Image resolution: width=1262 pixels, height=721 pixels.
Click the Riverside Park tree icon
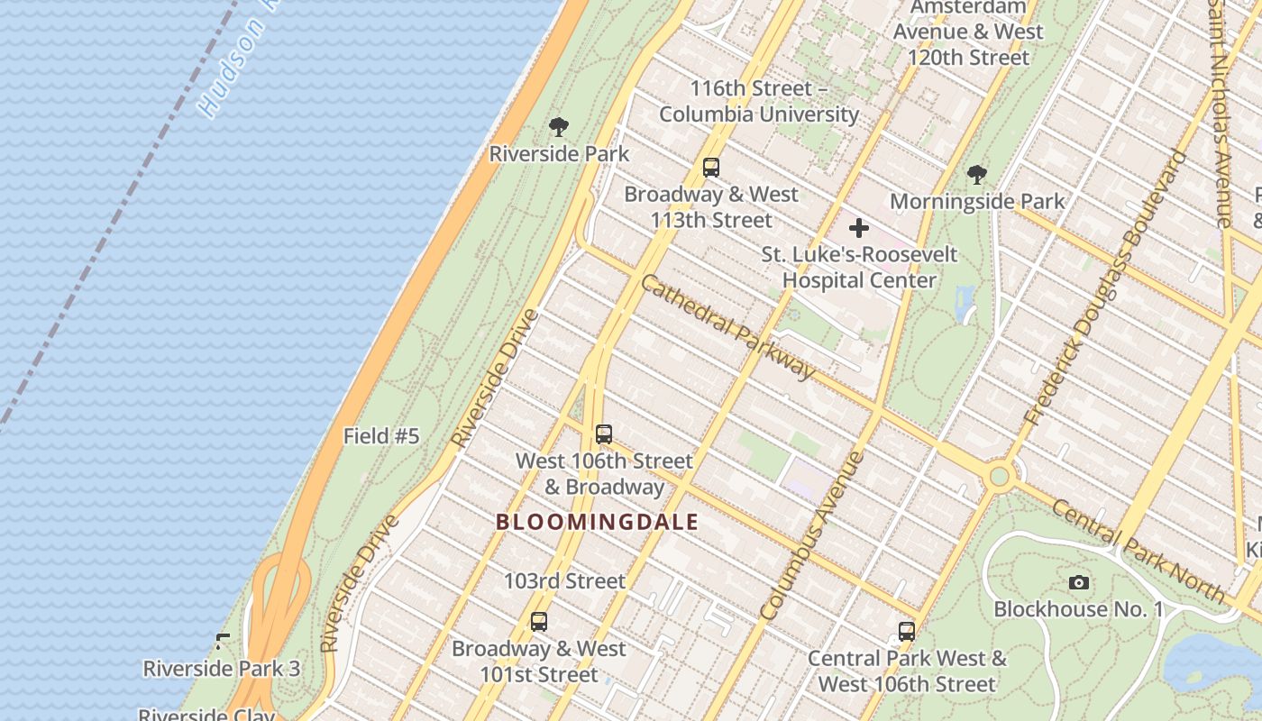[x=559, y=126]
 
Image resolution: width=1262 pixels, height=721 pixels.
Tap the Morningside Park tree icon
[x=976, y=174]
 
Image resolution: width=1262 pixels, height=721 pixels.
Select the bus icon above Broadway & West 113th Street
[x=711, y=167]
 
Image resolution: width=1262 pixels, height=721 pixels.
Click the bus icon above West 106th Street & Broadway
[x=604, y=434]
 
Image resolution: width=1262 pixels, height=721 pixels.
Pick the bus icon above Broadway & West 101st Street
[x=539, y=621]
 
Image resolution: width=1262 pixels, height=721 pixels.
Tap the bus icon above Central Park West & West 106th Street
[x=907, y=631]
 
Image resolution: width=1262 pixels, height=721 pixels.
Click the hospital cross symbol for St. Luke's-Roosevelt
[x=859, y=228]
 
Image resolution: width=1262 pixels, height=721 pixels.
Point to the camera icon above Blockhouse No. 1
[x=1079, y=582]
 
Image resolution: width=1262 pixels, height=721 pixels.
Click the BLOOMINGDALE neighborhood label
[x=598, y=522]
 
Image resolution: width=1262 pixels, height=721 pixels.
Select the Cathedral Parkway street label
[x=727, y=326]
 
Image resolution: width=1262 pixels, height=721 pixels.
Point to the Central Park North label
[x=1138, y=550]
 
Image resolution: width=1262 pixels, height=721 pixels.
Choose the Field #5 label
[x=381, y=436]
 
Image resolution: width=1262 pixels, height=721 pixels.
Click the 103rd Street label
[x=564, y=581]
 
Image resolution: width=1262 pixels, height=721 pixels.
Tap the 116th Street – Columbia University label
[x=759, y=101]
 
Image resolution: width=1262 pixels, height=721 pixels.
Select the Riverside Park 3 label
[x=222, y=669]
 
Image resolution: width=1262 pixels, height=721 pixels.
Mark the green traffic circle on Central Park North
[x=999, y=476]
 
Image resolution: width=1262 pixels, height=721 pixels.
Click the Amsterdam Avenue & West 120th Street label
[x=968, y=32]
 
